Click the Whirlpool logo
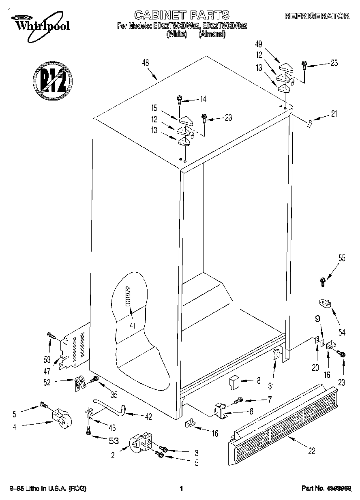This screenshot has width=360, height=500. (x=40, y=24)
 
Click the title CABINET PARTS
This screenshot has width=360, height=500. (x=182, y=15)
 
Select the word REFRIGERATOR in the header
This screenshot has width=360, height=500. (x=317, y=16)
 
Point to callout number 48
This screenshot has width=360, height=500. (x=145, y=63)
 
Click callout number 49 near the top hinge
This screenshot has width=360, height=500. (x=258, y=44)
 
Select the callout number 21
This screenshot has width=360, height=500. (x=334, y=114)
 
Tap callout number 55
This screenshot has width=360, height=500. (x=342, y=258)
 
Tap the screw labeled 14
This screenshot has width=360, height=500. (x=179, y=99)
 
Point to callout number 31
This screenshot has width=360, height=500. (x=270, y=386)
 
